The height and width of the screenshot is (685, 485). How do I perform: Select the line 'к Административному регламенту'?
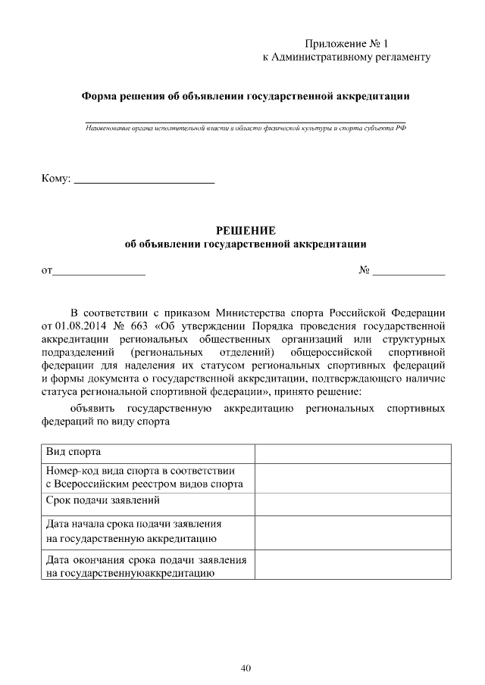point(346,57)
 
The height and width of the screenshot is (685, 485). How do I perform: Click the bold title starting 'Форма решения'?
point(246,96)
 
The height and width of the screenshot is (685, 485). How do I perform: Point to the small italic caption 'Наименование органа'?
point(246,129)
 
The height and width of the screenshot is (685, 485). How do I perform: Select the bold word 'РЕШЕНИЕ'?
point(246,230)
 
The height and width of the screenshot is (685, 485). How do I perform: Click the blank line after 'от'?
point(98,271)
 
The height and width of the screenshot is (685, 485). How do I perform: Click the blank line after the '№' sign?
point(408,271)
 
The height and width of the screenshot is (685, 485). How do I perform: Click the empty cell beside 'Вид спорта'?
point(352,453)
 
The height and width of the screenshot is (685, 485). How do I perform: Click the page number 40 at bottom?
point(246,668)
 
